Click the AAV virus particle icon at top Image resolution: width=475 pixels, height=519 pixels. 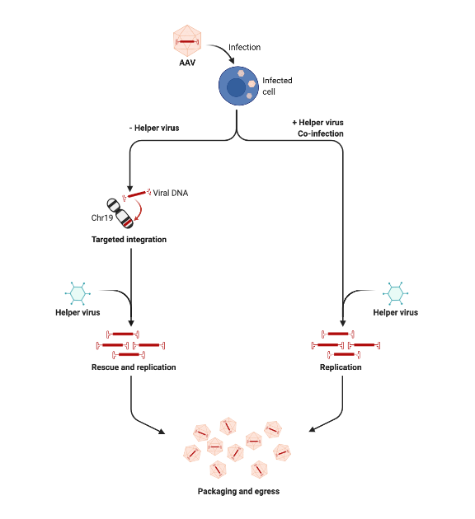click(x=187, y=40)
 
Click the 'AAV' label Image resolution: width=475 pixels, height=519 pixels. click(x=187, y=63)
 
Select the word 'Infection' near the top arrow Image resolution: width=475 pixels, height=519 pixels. click(x=244, y=47)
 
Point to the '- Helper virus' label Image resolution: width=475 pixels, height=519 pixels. click(x=154, y=128)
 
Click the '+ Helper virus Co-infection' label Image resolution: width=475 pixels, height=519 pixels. click(x=317, y=128)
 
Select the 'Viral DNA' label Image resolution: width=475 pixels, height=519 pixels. click(x=171, y=193)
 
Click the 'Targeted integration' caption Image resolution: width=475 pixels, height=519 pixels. click(x=129, y=240)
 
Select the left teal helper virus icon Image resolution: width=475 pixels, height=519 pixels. click(x=78, y=292)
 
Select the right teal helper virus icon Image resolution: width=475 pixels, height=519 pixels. click(x=395, y=292)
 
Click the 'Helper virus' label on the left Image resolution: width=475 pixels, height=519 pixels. click(x=78, y=312)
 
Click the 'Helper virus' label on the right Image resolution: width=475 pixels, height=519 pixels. click(x=395, y=312)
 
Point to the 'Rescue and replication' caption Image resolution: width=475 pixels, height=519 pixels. click(x=134, y=367)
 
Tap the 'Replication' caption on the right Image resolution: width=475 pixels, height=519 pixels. click(x=341, y=367)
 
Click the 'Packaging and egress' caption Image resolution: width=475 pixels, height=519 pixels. click(x=238, y=491)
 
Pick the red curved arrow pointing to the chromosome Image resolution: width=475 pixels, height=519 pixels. click(x=145, y=213)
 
